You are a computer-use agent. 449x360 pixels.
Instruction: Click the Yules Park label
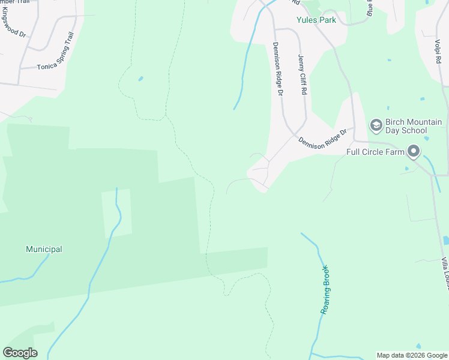(x=316, y=20)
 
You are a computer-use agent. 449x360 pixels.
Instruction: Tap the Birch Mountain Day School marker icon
(x=376, y=125)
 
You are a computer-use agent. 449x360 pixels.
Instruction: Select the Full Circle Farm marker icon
(x=414, y=151)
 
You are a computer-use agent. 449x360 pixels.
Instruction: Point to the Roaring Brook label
(x=327, y=290)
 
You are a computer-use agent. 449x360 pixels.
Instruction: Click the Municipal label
(x=44, y=249)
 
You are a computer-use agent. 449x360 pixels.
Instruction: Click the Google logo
(x=20, y=353)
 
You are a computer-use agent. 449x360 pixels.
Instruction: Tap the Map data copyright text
(x=412, y=355)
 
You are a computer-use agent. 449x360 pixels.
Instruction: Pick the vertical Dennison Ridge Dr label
(x=277, y=69)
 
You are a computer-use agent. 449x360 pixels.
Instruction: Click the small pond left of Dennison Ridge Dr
(x=141, y=78)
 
